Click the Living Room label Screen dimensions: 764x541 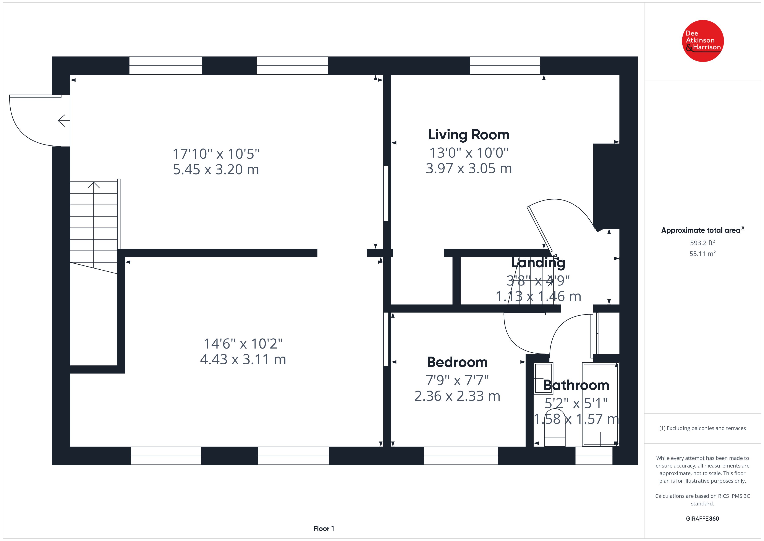tap(469, 135)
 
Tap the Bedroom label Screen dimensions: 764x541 tap(457, 362)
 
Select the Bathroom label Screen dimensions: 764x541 tap(576, 385)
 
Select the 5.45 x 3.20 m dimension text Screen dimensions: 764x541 tap(216, 169)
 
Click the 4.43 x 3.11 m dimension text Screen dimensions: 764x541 tap(243, 359)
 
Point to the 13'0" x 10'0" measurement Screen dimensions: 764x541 tap(469, 153)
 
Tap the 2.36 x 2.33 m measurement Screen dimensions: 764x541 tap(457, 396)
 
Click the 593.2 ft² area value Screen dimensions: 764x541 tap(702, 243)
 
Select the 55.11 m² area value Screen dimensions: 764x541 tap(702, 254)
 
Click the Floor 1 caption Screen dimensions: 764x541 tap(324, 529)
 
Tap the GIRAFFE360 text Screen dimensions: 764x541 tap(702, 519)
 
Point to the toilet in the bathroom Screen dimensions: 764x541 tap(555, 428)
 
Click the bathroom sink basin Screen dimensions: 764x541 tap(543, 378)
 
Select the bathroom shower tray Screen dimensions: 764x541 tap(600, 404)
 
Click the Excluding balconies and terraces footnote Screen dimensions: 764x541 tap(702, 429)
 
